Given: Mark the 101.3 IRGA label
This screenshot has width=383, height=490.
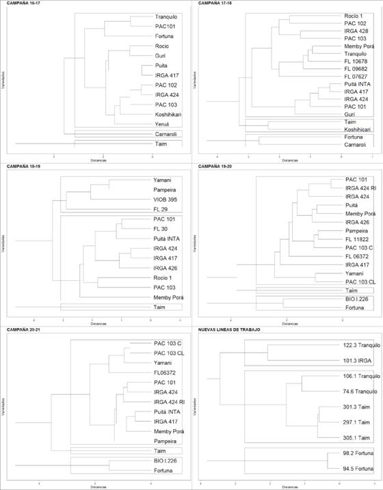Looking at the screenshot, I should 355,362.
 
